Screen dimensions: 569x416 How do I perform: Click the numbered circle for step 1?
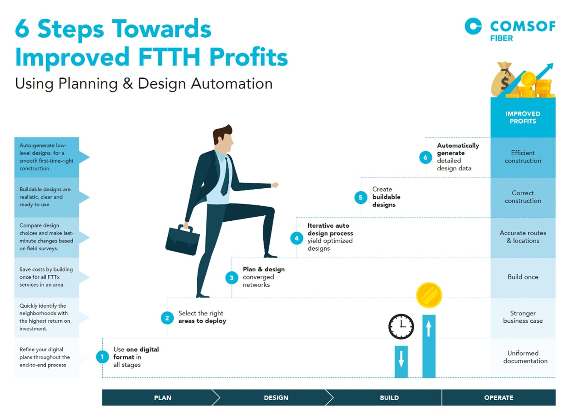click(102, 357)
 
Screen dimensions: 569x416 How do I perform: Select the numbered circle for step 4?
click(296, 238)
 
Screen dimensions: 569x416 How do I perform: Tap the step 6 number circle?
click(426, 157)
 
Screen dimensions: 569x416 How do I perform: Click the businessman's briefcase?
click(182, 240)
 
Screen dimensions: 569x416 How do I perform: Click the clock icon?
click(401, 327)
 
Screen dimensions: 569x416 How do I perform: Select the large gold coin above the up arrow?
click(429, 295)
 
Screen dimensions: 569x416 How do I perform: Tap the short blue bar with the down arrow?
click(401, 362)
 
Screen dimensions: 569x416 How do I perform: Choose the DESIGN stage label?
click(276, 398)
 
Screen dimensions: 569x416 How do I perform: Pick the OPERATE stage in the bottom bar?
click(499, 398)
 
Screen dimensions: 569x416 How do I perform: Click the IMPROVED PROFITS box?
click(523, 117)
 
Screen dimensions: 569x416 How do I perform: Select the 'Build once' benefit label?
click(523, 277)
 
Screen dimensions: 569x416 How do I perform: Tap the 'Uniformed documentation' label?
click(525, 357)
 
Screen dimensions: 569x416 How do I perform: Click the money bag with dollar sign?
click(503, 79)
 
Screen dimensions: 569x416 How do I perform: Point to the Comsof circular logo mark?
click(473, 26)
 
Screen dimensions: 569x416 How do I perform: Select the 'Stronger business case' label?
click(523, 317)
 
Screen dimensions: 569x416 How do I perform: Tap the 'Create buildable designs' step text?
click(386, 197)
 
